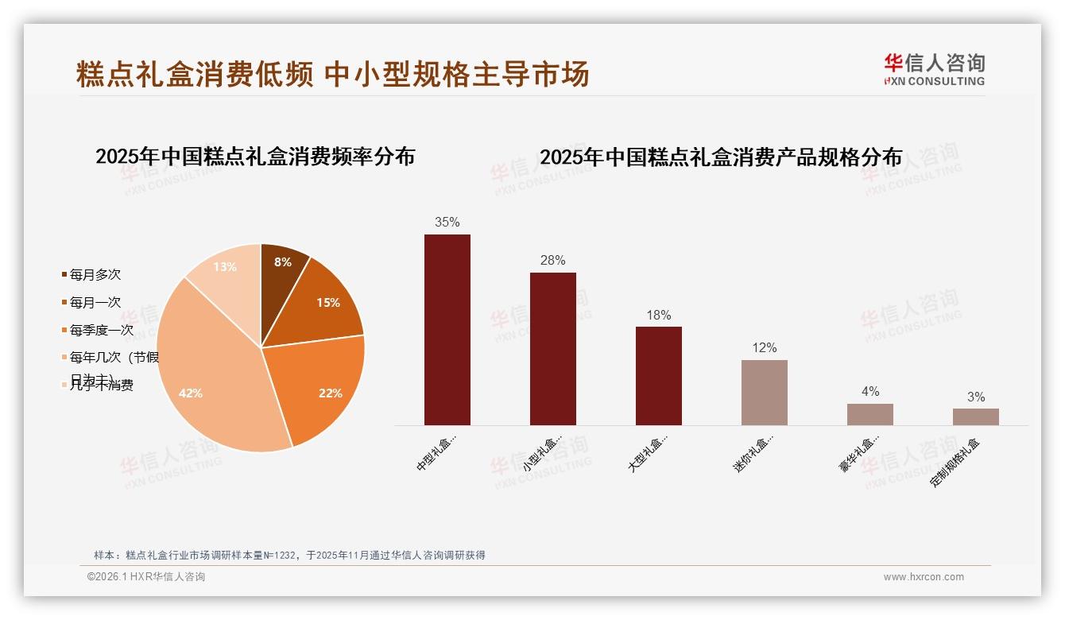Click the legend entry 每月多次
95,275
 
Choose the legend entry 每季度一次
101,330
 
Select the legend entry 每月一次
95,303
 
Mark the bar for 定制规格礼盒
975,417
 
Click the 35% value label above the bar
447,223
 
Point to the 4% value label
869,392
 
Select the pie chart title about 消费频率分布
255,157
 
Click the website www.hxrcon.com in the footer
923,577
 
